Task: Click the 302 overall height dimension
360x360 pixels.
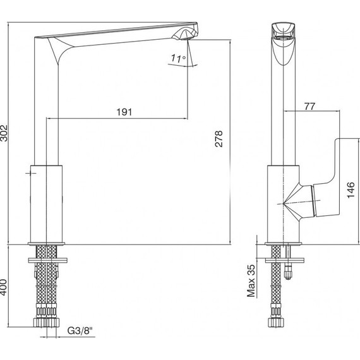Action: coord(4,133)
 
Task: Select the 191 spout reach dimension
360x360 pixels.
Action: coord(124,112)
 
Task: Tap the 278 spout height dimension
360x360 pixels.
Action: coord(219,138)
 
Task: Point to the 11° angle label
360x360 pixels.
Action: coord(178,58)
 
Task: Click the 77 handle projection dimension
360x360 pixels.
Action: coord(309,106)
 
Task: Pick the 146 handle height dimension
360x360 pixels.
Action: coord(351,190)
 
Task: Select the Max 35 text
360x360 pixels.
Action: coord(251,280)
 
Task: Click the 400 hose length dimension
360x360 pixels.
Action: coord(4,287)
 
